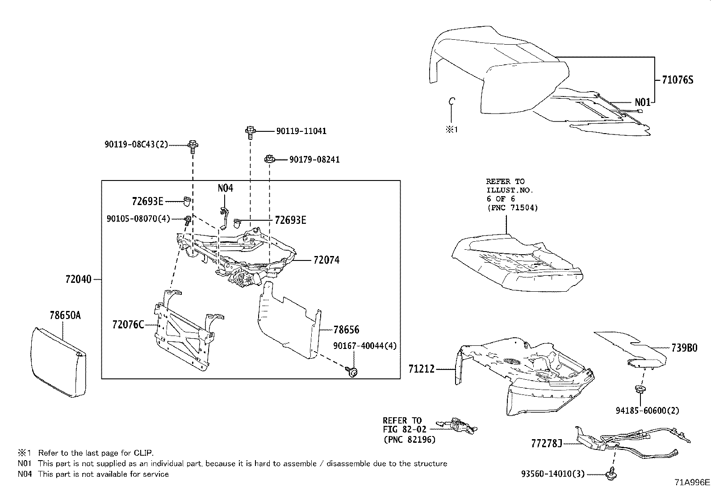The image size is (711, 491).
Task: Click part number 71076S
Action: (677, 80)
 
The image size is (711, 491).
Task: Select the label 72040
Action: (78, 280)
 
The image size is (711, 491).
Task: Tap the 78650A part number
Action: (65, 316)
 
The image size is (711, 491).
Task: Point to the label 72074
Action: (326, 260)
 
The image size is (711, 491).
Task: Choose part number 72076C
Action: (128, 324)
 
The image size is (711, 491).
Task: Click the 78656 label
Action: (346, 330)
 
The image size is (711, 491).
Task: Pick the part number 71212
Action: (421, 369)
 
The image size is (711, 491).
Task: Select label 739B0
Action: (684, 348)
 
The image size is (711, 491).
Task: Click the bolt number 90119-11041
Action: (301, 131)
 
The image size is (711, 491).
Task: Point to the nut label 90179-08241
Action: (314, 159)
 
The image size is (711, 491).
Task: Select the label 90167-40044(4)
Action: (364, 346)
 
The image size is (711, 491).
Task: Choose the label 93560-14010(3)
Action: (553, 474)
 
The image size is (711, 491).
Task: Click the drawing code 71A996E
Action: (692, 483)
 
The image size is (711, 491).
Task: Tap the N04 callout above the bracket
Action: (225, 188)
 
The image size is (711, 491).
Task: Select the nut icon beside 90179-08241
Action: (269, 159)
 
